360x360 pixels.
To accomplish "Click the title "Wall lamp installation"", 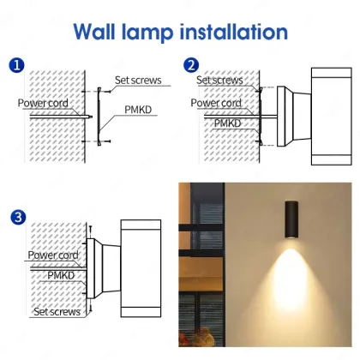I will (179, 33).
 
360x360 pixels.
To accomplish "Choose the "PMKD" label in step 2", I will (225, 122).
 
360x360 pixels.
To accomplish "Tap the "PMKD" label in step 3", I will (61, 275).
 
